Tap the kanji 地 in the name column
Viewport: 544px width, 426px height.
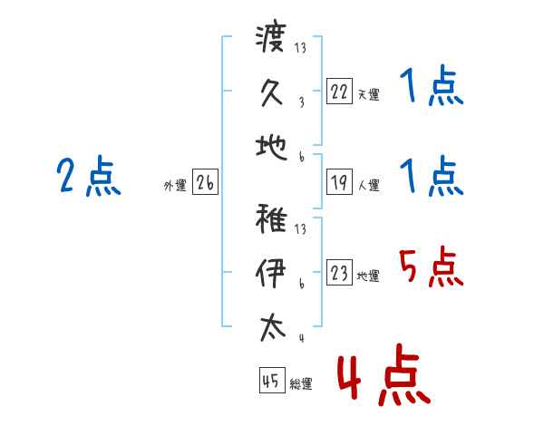point(271,145)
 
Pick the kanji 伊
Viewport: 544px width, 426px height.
point(271,272)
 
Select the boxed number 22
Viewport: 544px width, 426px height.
point(339,92)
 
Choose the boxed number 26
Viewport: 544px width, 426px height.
point(205,183)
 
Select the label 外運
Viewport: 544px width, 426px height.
point(175,186)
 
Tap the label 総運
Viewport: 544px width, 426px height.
point(301,384)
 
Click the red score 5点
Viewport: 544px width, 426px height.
point(430,268)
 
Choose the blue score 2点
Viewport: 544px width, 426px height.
point(88,176)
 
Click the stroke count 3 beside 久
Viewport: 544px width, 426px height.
point(301,102)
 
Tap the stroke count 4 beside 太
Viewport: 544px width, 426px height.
point(301,339)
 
